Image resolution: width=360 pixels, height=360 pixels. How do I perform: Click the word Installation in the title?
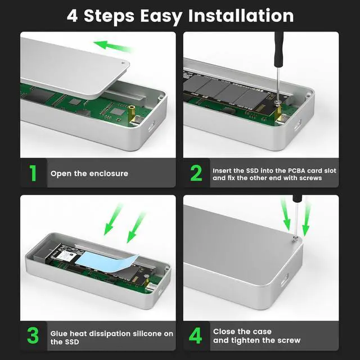click(x=241, y=16)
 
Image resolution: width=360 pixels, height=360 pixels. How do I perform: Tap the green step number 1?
click(x=33, y=173)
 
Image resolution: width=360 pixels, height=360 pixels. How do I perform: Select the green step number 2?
click(x=196, y=173)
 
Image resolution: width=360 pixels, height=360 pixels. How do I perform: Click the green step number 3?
click(x=33, y=336)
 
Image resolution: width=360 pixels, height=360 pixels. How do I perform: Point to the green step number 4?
click(x=196, y=336)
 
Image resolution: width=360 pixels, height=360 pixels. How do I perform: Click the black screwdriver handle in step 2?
click(x=279, y=50)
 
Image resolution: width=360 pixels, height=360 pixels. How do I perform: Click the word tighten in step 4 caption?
click(x=245, y=340)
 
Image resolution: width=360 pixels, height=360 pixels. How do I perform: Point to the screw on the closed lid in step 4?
click(x=295, y=240)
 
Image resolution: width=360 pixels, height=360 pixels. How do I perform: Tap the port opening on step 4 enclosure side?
click(x=285, y=280)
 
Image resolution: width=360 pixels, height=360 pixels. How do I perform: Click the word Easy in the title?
click(x=161, y=16)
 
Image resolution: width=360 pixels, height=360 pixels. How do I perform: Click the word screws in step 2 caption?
click(x=310, y=178)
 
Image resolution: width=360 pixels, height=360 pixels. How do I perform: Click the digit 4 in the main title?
click(x=72, y=16)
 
